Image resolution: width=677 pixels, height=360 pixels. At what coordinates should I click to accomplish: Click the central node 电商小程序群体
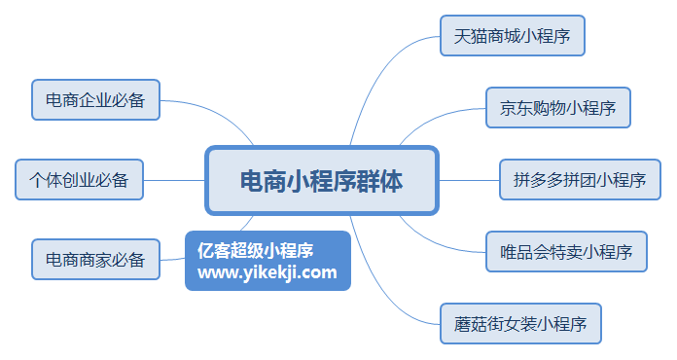point(322,180)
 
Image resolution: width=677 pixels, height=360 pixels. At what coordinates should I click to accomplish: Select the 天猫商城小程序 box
point(513,36)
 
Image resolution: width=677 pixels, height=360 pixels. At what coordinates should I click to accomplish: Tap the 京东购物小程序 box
point(558,108)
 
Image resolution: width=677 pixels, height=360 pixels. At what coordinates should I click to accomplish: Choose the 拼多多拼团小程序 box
point(581,180)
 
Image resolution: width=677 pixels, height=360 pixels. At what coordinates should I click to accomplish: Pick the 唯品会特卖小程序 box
point(566,252)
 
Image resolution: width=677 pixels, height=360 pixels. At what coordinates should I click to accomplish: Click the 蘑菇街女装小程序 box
point(520,324)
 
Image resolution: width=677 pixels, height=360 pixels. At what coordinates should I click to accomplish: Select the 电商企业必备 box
point(96,99)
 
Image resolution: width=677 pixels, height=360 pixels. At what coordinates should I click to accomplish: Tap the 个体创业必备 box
point(80,180)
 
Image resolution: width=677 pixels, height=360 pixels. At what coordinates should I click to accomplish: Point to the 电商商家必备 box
point(96,260)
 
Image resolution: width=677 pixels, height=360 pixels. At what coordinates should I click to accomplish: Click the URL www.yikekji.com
point(267,272)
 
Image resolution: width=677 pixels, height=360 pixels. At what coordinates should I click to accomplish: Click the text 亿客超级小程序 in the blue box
point(255,250)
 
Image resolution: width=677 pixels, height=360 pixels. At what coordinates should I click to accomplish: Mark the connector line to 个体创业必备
point(174,180)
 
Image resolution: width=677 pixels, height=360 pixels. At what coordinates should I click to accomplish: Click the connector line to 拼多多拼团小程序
point(469,180)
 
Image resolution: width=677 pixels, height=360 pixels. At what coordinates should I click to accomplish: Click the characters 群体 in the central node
point(379,181)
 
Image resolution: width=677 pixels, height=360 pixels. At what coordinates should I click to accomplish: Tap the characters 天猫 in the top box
point(471,36)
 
